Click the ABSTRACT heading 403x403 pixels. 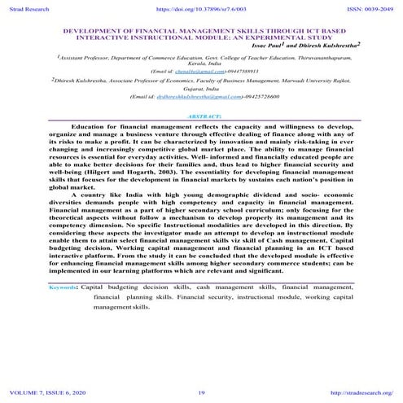tap(201, 117)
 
